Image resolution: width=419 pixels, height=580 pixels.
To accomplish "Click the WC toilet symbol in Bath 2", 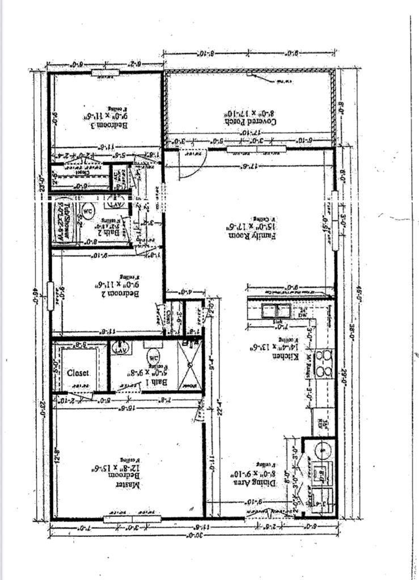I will point(89,208).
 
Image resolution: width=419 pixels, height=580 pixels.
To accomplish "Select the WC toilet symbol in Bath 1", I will point(153,357).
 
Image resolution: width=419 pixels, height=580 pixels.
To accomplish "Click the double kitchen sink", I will point(276,310).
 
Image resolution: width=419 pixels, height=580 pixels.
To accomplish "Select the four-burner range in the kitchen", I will point(324,364).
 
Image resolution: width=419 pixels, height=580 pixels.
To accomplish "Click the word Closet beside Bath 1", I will point(78,373).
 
